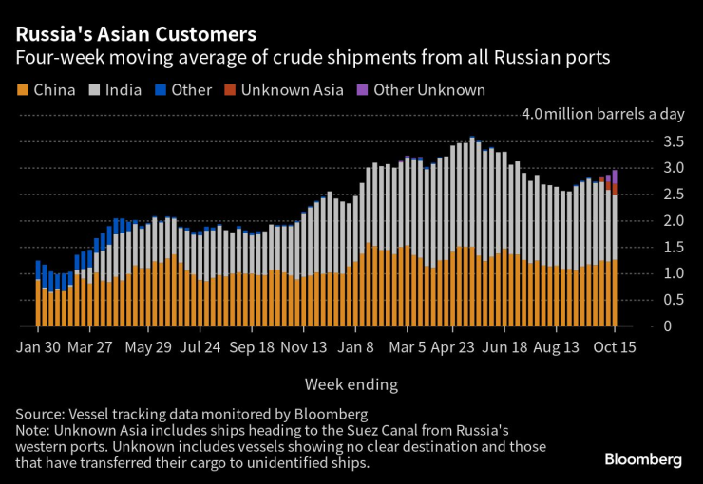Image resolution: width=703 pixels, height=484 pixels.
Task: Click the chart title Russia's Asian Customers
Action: tap(135, 35)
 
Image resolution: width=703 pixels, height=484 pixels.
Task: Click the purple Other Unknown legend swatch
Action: tap(362, 90)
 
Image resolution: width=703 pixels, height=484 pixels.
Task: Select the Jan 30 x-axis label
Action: tap(39, 347)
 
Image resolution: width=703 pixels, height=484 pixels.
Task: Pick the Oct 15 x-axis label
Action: tap(615, 347)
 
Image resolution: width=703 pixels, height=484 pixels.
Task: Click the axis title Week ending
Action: tap(351, 384)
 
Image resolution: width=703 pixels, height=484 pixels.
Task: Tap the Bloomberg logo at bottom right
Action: tap(643, 459)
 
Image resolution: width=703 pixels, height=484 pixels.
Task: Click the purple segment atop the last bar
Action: tap(616, 177)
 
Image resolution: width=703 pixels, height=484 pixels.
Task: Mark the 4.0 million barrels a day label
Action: tap(602, 115)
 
